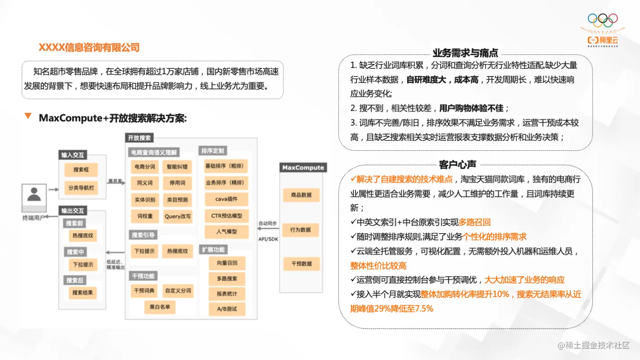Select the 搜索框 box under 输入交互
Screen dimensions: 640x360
(x=81, y=170)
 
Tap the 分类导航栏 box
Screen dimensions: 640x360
(x=81, y=187)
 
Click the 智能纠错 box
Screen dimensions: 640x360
(x=177, y=166)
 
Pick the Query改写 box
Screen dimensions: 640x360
(x=177, y=216)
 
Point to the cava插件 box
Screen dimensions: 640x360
(x=226, y=198)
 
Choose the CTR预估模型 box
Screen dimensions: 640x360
(x=226, y=216)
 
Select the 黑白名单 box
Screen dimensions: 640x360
(x=159, y=307)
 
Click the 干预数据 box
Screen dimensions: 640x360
(x=301, y=264)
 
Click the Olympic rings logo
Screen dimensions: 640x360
(x=603, y=20)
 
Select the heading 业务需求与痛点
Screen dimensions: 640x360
(x=465, y=53)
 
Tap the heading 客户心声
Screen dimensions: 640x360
(x=457, y=165)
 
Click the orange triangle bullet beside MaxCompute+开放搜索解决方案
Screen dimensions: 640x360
(x=28, y=117)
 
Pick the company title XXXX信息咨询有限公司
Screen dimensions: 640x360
(x=89, y=47)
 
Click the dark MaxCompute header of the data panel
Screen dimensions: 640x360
(x=303, y=167)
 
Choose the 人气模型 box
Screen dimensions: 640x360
(x=226, y=232)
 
